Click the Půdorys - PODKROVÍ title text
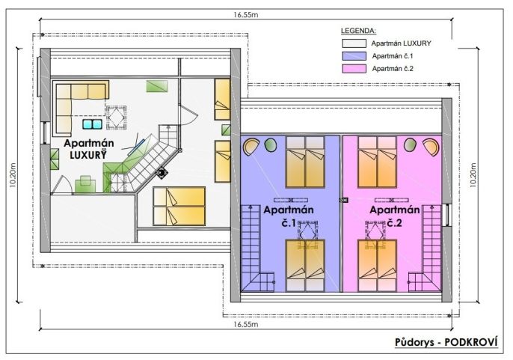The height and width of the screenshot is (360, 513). pos(446,342)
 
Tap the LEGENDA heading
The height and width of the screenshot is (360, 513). pos(359,31)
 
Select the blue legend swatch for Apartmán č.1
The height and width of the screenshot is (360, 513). pos(354,56)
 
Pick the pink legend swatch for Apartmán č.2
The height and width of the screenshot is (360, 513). pos(354,68)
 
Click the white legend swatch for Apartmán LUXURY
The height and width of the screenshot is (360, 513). pos(354,43)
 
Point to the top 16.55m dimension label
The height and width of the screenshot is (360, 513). pos(246,15)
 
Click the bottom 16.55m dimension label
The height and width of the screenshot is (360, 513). pos(246,324)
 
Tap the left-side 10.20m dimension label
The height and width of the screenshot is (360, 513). pos(13,175)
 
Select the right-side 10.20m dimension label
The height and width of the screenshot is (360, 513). pos(473,175)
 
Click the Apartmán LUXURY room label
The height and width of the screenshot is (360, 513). pos(89,149)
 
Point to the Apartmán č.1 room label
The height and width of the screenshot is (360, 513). pos(289,216)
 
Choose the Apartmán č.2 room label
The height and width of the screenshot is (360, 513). pos(395,216)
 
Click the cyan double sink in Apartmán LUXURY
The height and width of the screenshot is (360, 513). pos(92,124)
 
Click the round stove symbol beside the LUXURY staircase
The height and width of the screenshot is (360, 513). pos(162,173)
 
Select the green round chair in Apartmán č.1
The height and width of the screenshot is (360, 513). pos(270,145)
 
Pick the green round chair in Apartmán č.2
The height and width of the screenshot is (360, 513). pos(410,144)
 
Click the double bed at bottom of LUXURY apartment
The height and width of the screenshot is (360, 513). pos(179,206)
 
